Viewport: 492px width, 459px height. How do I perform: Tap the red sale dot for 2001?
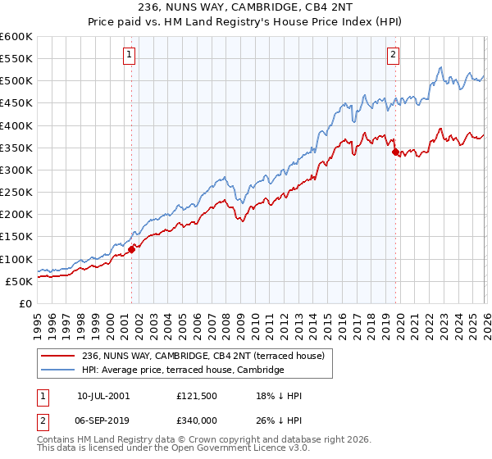(x=131, y=249)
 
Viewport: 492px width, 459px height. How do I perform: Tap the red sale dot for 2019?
(x=395, y=152)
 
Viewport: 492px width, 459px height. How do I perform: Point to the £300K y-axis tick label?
(x=16, y=170)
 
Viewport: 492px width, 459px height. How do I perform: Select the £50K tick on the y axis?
(x=20, y=281)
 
